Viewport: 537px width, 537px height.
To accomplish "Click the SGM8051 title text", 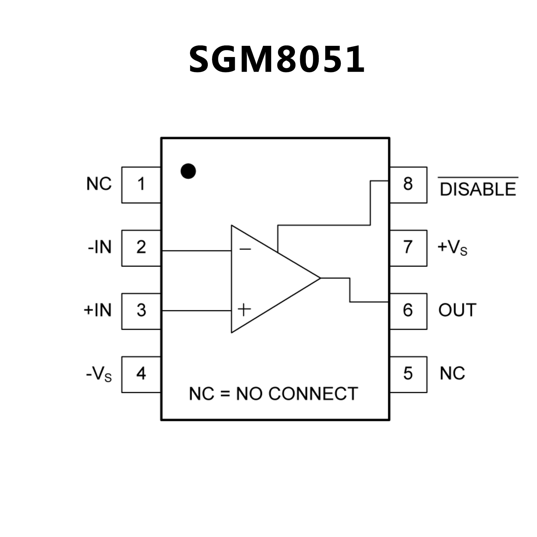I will (x=276, y=59).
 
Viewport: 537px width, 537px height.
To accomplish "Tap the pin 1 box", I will (x=141, y=185).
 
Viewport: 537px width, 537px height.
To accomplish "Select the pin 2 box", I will (x=141, y=248).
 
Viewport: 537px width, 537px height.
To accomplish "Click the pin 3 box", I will (x=141, y=311).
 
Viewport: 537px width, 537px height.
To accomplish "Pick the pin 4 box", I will (x=141, y=374).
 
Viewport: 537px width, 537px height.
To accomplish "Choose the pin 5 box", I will (x=408, y=374).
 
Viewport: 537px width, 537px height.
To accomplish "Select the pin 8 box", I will (x=408, y=185).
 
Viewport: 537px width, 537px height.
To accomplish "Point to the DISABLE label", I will (x=478, y=189).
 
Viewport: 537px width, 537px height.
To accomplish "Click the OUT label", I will (x=457, y=310).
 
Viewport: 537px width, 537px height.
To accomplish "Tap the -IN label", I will (x=100, y=247).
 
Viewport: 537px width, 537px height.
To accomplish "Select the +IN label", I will (x=98, y=310).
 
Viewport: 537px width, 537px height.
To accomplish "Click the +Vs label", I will (x=452, y=248).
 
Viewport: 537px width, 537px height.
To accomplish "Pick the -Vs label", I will (x=99, y=374).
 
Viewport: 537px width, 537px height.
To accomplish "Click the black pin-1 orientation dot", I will (x=188, y=171).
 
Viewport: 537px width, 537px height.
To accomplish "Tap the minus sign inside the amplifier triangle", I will (x=245, y=249).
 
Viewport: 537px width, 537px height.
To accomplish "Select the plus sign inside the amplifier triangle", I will (x=244, y=310).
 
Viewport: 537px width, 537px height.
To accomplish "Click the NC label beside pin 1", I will (x=99, y=184).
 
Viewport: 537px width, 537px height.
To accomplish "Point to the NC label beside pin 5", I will (x=452, y=374).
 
